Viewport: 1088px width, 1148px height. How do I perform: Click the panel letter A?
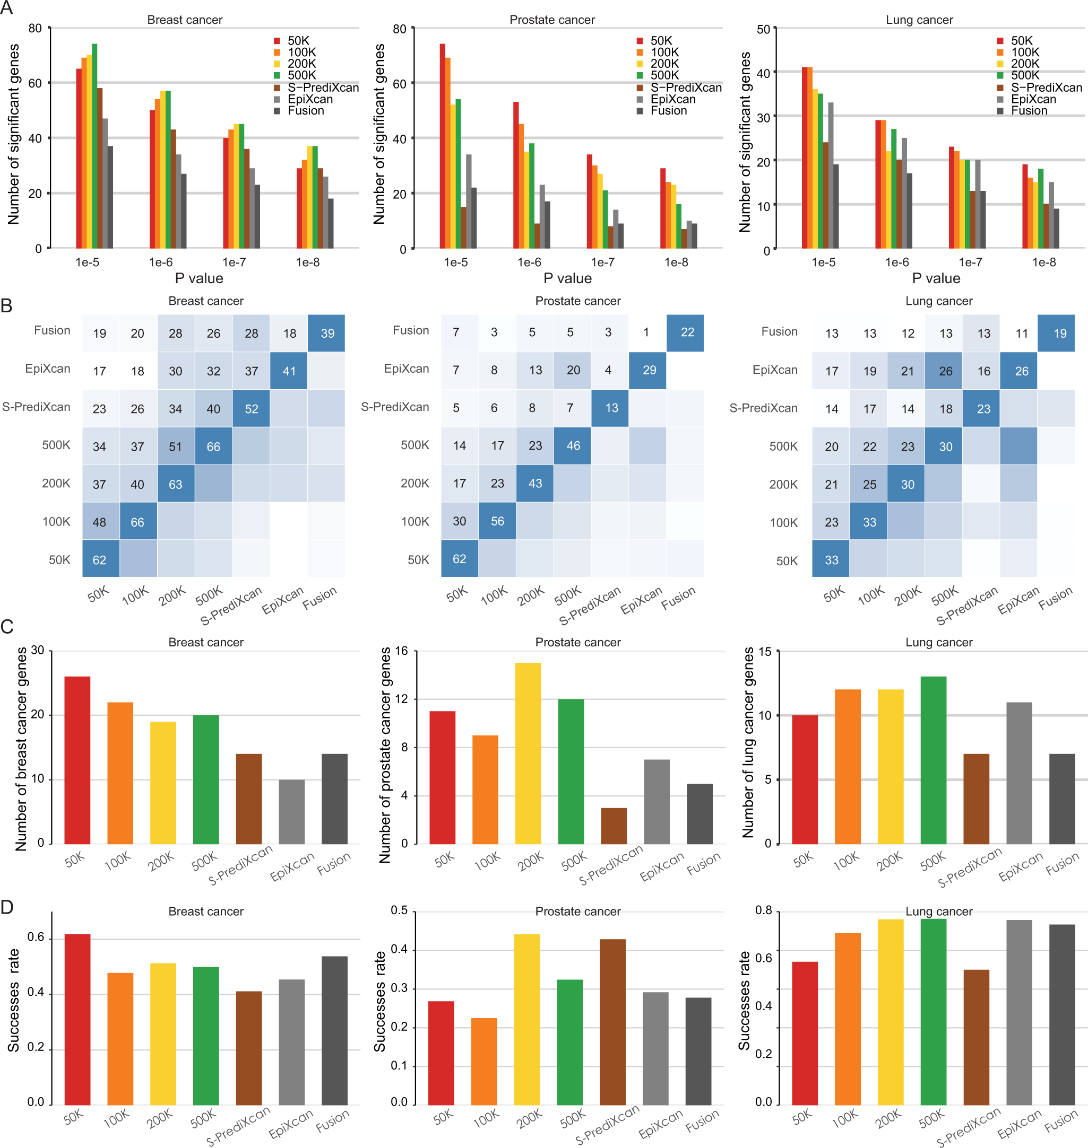7,8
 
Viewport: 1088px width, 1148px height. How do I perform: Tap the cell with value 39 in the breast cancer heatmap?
327,333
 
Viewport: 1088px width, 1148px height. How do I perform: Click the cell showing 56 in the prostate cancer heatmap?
497,521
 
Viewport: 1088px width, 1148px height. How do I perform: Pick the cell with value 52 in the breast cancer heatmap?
251,408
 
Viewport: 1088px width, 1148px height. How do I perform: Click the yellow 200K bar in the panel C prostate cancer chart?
528,753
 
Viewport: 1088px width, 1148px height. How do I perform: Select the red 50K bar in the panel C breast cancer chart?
77,760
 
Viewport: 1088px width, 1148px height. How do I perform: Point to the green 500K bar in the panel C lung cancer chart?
932,760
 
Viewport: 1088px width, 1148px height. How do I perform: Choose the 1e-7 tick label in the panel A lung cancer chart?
970,262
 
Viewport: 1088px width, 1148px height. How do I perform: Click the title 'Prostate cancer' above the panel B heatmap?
577,301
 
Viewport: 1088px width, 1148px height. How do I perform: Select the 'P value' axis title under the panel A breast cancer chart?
199,278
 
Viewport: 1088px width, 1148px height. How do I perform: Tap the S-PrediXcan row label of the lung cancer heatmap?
763,408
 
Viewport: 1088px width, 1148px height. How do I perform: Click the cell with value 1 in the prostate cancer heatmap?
646,332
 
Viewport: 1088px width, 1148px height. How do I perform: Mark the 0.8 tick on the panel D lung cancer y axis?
763,910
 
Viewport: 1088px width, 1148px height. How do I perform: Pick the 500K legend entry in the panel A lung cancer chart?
1024,75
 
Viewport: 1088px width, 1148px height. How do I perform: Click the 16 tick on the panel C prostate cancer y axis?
401,651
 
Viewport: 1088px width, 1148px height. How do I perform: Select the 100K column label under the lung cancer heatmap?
871,595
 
